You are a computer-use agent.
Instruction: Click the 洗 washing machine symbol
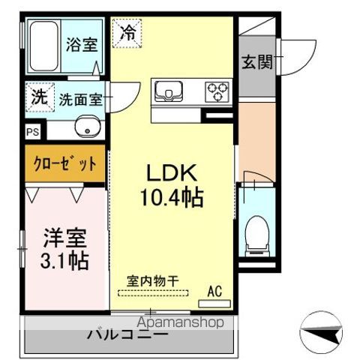click(x=37, y=96)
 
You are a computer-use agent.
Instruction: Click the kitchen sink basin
click(x=169, y=92)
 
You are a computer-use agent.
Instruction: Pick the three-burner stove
click(x=218, y=91)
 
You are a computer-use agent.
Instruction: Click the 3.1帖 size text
click(x=64, y=261)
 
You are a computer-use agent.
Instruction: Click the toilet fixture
click(x=256, y=232)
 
